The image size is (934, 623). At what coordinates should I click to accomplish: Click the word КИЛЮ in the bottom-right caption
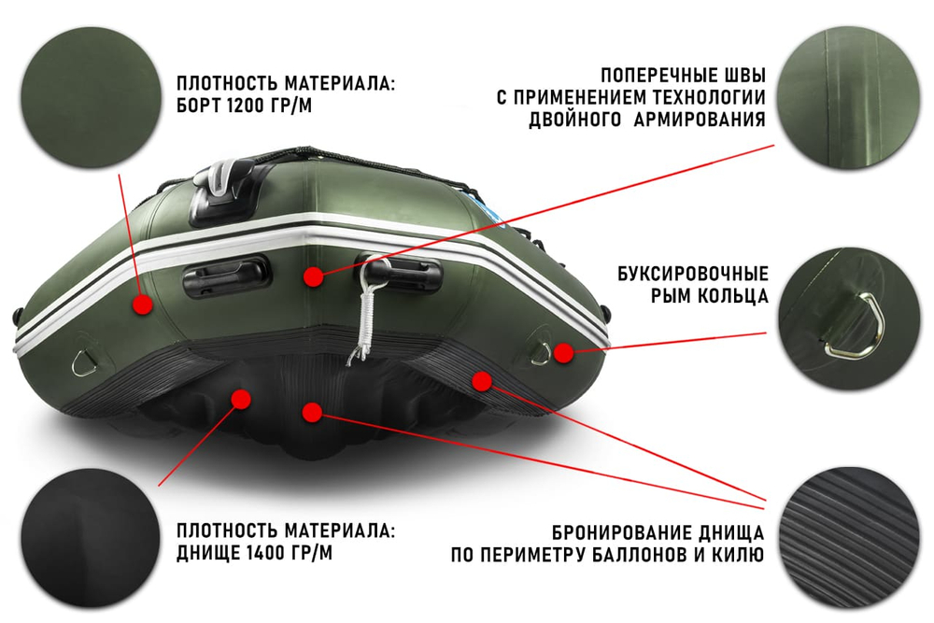click(740, 555)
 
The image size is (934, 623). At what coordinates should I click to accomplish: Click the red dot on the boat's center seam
click(313, 276)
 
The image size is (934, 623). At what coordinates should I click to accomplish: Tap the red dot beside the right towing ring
click(562, 352)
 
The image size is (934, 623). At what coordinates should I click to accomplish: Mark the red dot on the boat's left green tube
click(142, 304)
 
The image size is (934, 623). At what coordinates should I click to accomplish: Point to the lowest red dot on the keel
click(313, 411)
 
